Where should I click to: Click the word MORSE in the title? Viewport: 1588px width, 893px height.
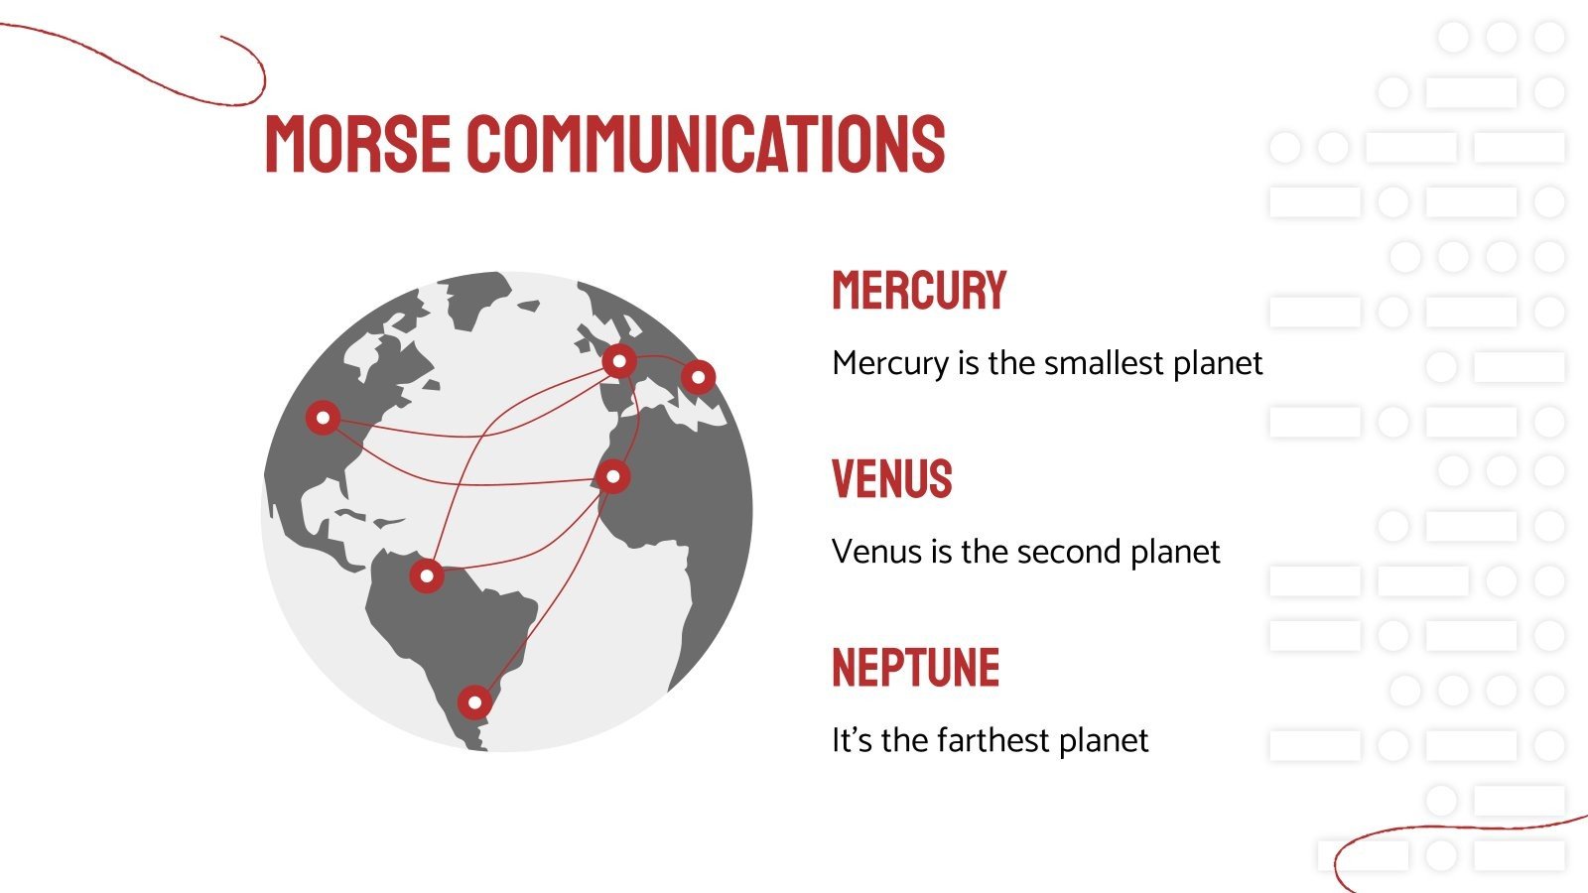(357, 144)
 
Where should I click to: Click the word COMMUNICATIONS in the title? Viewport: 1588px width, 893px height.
(706, 144)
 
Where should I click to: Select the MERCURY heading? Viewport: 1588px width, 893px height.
(919, 291)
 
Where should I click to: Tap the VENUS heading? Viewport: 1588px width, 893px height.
(891, 479)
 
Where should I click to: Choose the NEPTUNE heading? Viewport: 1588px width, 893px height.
(915, 668)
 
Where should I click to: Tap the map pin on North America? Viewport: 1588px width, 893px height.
(323, 418)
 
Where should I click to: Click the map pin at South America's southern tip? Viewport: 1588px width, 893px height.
(474, 702)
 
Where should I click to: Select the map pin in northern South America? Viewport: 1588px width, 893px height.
(427, 575)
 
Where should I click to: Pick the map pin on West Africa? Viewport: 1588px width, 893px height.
(613, 476)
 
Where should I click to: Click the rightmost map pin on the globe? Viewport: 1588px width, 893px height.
(699, 377)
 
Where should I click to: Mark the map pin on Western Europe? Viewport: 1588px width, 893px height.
(619, 361)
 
